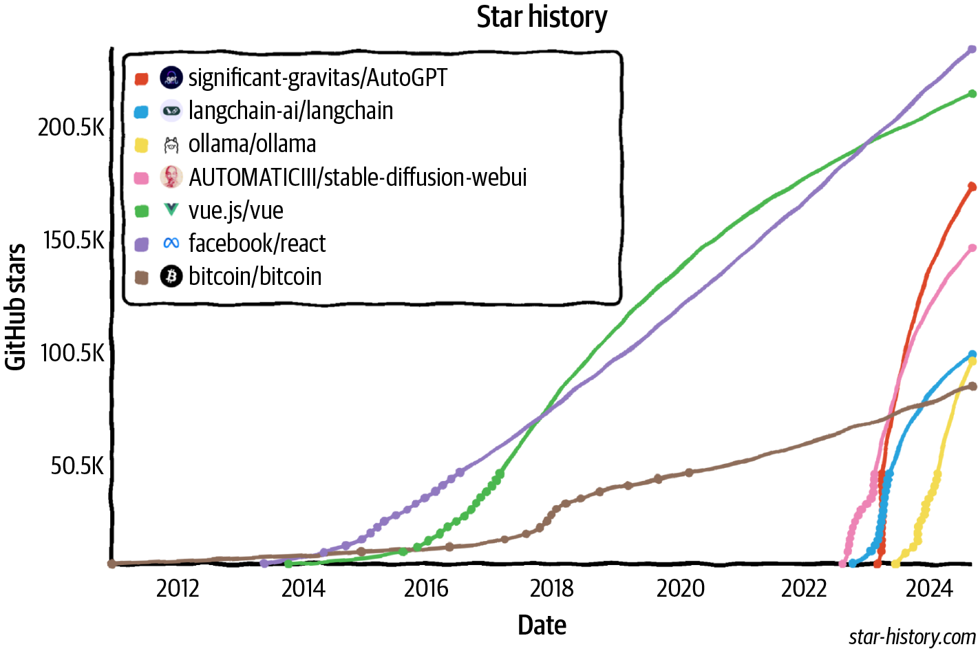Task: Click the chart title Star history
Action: pos(542,18)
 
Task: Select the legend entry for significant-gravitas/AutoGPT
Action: pos(317,78)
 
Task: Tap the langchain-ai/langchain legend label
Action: pos(290,111)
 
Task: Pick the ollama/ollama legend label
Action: pos(252,144)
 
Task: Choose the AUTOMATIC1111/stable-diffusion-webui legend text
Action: pos(357,178)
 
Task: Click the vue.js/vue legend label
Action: pos(235,211)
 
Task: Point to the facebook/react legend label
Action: pos(257,244)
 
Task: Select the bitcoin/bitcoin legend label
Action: pos(255,277)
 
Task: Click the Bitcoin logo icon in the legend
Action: pos(171,277)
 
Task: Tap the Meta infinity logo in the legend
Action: pos(171,244)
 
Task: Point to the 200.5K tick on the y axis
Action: pos(72,128)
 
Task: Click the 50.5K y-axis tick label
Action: pos(77,466)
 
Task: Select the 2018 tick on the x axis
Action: pos(551,589)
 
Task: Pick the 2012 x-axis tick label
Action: pos(178,589)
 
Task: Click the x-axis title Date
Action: pos(542,625)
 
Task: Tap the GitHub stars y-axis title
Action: pos(15,307)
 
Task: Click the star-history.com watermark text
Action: pos(912,637)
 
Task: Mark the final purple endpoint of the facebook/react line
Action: pos(972,50)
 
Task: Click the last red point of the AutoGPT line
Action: pos(972,187)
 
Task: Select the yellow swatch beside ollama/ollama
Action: pos(141,145)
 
